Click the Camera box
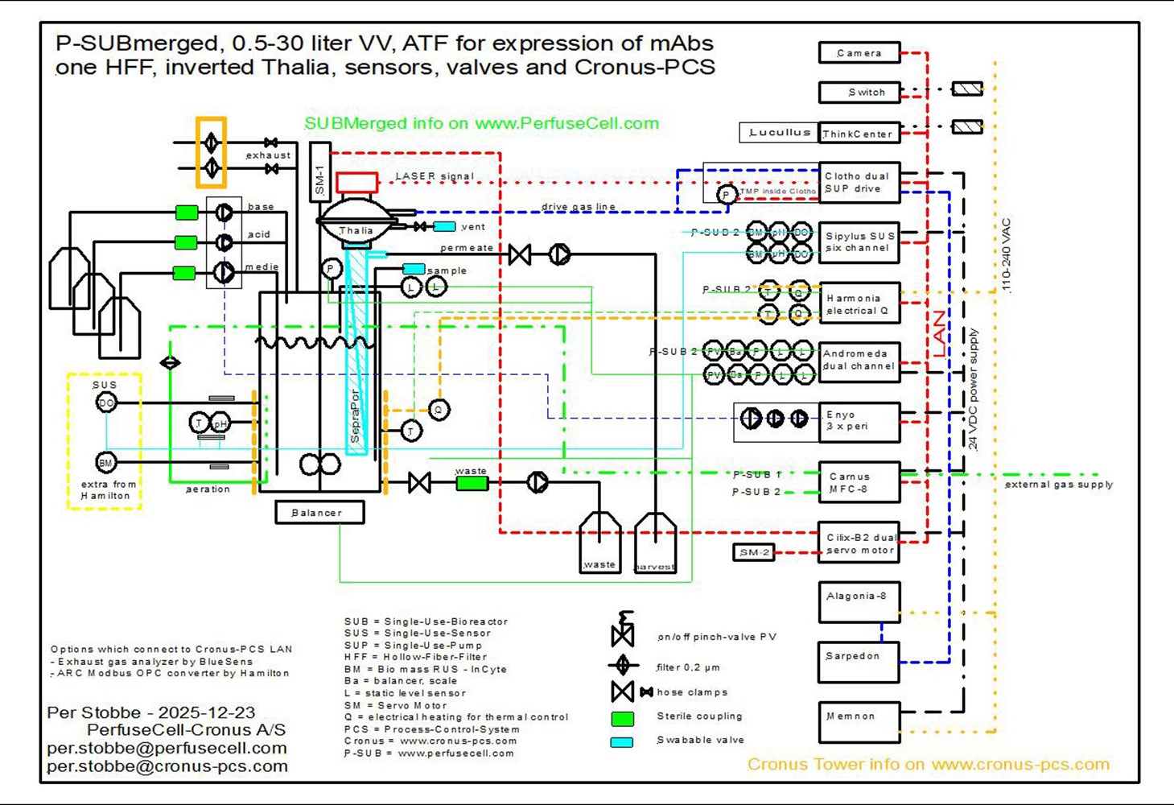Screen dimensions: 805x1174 [859, 53]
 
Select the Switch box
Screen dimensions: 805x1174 [859, 93]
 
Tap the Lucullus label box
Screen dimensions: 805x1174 [778, 133]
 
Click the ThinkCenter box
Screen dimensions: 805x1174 [859, 134]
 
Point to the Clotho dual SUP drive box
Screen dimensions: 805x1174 [859, 183]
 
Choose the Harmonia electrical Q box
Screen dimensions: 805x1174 [859, 303]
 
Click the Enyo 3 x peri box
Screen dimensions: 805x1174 [859, 422]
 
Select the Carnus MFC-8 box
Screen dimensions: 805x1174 [859, 482]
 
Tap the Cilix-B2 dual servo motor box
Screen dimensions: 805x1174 [859, 543]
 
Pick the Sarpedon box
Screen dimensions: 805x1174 [859, 662]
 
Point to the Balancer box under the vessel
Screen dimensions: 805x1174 [319, 513]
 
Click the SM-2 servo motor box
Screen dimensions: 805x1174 [754, 552]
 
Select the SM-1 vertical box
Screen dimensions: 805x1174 [319, 172]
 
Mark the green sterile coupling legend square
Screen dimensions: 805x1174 [622, 717]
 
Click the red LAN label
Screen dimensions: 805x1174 [939, 335]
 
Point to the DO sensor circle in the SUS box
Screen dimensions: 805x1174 [106, 402]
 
